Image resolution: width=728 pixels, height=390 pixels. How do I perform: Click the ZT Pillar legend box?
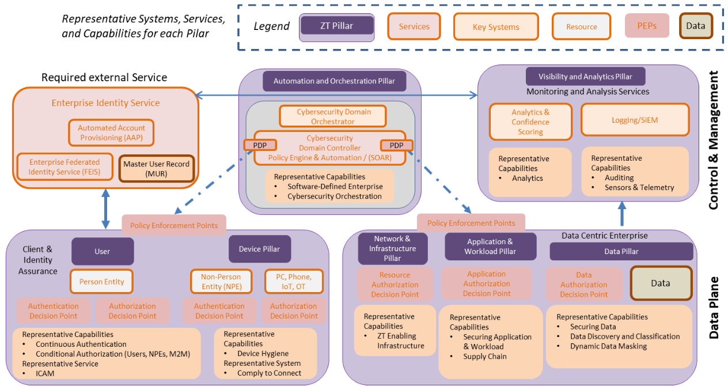point(337,26)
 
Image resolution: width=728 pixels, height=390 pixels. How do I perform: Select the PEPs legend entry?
point(647,26)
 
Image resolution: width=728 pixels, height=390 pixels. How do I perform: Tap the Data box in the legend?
point(696,26)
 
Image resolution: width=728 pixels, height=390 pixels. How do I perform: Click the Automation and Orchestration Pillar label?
point(334,81)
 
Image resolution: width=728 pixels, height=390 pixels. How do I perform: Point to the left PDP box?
point(260,145)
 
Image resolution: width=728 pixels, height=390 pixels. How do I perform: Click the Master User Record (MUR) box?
point(156,169)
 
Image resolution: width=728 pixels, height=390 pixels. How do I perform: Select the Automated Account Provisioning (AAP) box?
point(112,132)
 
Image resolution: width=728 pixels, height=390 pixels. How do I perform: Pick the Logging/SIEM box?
point(635,120)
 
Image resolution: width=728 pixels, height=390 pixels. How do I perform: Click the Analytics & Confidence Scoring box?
point(530,122)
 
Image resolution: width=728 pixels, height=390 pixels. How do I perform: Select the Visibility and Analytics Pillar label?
point(585,77)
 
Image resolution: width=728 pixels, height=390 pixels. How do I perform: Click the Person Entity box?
point(101,282)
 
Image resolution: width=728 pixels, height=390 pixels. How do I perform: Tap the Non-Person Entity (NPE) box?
point(221,282)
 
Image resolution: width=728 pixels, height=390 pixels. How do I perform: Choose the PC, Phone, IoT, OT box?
point(294,282)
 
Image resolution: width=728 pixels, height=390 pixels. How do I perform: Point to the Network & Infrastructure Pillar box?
point(392,248)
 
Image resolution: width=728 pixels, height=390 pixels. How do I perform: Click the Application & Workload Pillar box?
point(490,247)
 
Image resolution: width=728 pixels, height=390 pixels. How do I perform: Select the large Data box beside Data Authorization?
point(661,283)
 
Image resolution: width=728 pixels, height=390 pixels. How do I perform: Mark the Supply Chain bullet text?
point(485,357)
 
